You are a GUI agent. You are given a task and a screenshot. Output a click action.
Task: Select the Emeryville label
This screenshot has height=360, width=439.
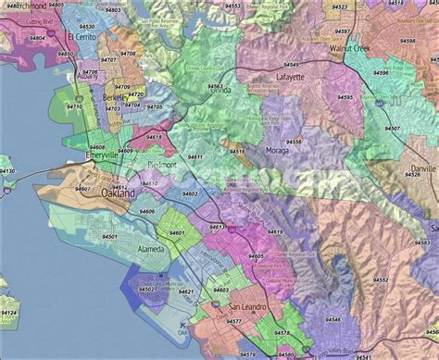pos(96,156)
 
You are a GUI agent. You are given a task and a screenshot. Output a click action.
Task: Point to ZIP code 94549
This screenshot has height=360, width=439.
pos(292,64)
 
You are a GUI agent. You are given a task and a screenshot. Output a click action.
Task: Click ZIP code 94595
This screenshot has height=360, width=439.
pos(345,96)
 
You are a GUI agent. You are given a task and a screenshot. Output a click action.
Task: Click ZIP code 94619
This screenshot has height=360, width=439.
pos(274,231)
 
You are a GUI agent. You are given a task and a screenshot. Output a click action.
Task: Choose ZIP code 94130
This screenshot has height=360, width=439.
pos(7,171)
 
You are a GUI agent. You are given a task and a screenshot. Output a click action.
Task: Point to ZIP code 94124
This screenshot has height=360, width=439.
pos(8,314)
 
